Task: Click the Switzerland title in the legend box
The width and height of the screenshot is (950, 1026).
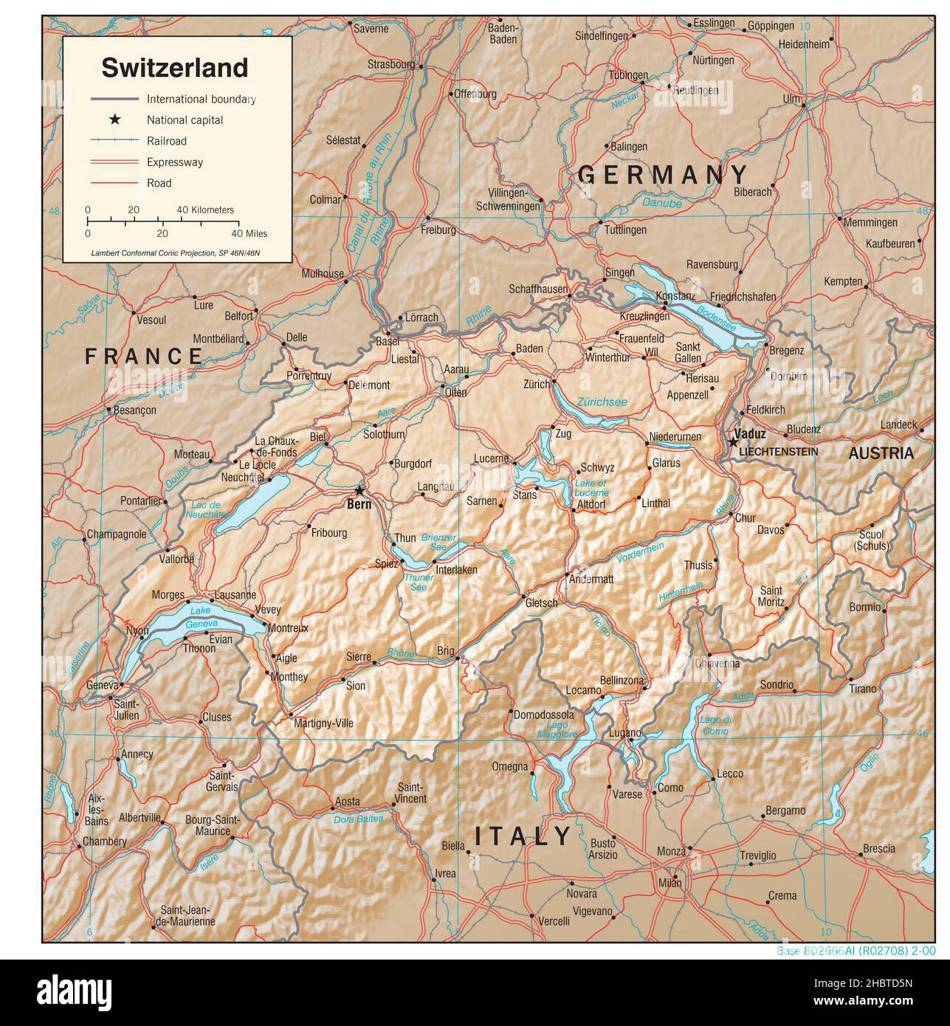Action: (x=174, y=68)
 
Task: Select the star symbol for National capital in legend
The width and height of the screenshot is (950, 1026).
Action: (x=115, y=120)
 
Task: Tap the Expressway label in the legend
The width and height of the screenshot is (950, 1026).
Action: (x=174, y=162)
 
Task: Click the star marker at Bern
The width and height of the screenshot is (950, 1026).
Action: (x=359, y=491)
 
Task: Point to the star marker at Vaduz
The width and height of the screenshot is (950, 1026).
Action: (x=732, y=441)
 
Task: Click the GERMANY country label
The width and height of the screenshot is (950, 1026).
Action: (x=663, y=175)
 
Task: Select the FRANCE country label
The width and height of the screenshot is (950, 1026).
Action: (x=144, y=357)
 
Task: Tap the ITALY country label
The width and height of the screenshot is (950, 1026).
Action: (x=523, y=836)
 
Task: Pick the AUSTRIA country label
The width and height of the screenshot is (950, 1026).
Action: (x=881, y=453)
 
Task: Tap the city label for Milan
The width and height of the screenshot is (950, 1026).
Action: (x=670, y=883)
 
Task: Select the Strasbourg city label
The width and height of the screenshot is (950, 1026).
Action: (x=391, y=64)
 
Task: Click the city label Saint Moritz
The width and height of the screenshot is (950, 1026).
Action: (x=771, y=596)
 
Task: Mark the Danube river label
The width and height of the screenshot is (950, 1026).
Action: (x=661, y=203)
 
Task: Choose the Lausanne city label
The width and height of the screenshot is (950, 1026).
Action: (x=235, y=595)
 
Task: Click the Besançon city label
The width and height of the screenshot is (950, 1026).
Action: (x=134, y=410)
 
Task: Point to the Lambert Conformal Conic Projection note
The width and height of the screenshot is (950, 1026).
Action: (x=176, y=253)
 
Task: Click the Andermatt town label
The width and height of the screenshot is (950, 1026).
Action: (x=591, y=579)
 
